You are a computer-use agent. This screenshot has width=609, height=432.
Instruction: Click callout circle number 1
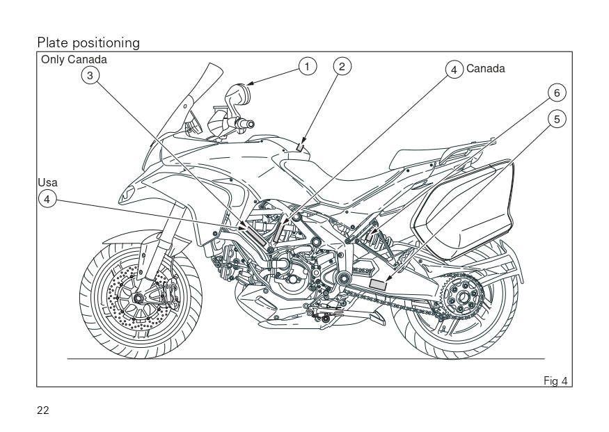pyautogui.click(x=307, y=67)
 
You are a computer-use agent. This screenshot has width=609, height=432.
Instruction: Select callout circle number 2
pyautogui.click(x=341, y=67)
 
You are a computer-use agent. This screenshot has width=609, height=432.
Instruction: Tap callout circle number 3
pyautogui.click(x=90, y=74)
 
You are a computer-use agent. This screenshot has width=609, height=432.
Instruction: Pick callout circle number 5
pyautogui.click(x=556, y=119)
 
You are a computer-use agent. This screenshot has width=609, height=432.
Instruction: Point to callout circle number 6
pyautogui.click(x=556, y=93)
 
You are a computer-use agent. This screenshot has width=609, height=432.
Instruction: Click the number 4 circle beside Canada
pyautogui.click(x=454, y=69)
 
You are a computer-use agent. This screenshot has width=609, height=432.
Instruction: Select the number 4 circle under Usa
pyautogui.click(x=47, y=199)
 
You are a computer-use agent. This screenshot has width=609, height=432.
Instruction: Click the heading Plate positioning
pyautogui.click(x=88, y=43)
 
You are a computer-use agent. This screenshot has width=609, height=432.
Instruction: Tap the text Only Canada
pyautogui.click(x=74, y=59)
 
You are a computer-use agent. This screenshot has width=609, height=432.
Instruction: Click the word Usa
pyautogui.click(x=47, y=182)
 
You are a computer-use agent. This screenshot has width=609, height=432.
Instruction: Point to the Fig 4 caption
pyautogui.click(x=555, y=380)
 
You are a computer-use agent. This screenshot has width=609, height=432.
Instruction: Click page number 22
pyautogui.click(x=43, y=410)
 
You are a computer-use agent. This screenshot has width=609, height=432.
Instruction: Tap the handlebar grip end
pyautogui.click(x=247, y=125)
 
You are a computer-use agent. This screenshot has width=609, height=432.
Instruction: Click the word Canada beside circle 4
pyautogui.click(x=485, y=68)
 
